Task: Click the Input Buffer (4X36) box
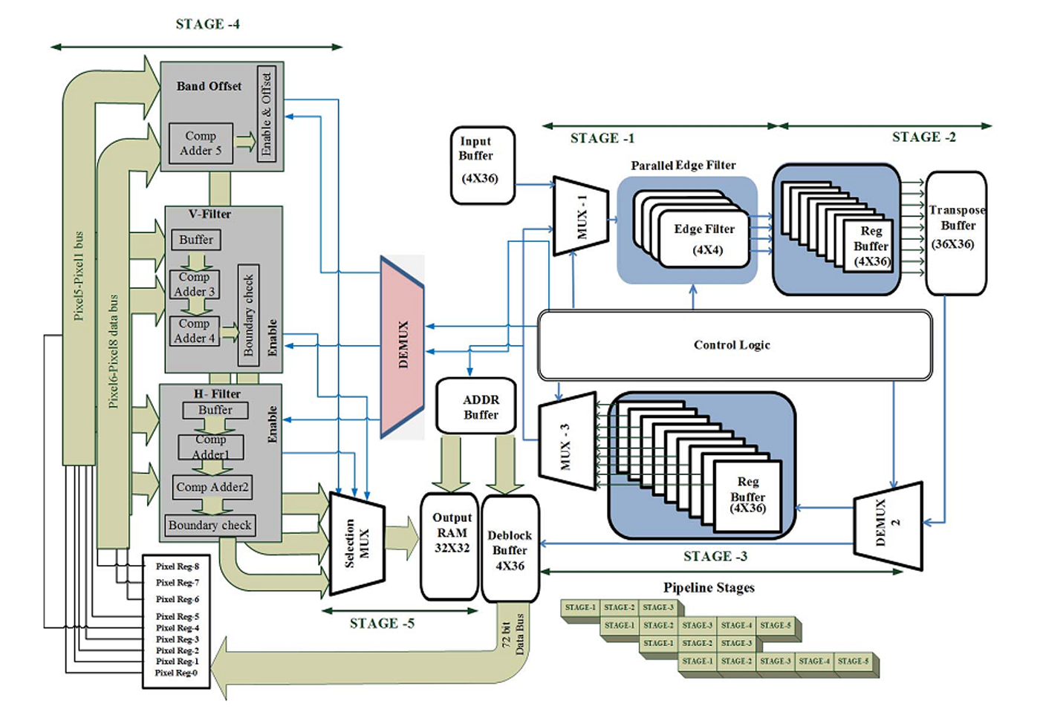(483, 166)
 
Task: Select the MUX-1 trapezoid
(581, 216)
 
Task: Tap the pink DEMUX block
(402, 347)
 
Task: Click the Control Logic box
(735, 345)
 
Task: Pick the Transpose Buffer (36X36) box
(957, 233)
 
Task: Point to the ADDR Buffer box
(476, 406)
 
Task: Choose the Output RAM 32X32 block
(449, 546)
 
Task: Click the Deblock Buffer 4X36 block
(510, 549)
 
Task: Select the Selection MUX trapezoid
(357, 543)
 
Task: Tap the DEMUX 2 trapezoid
(888, 526)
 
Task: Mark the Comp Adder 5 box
(201, 143)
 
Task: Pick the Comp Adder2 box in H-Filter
(212, 487)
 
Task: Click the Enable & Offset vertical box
(267, 114)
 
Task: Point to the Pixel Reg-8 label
(178, 566)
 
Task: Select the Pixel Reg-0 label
(176, 673)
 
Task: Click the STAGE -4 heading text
(207, 24)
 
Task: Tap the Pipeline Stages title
(709, 587)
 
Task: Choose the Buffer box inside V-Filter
(196, 240)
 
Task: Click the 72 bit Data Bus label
(513, 634)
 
